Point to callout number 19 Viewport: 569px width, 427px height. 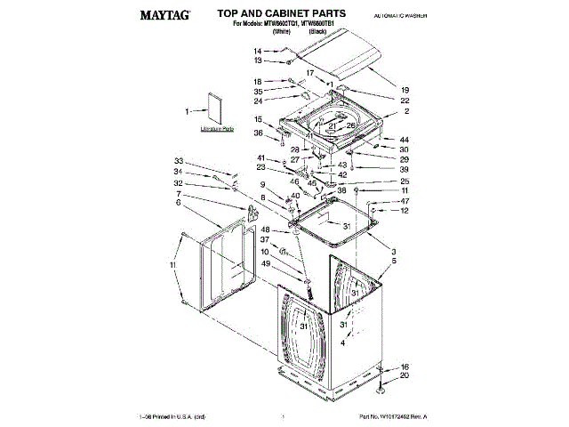click(x=405, y=91)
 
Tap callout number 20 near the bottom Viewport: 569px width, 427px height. click(x=405, y=375)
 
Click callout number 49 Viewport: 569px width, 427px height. click(x=265, y=263)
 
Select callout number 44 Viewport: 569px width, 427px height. click(x=405, y=140)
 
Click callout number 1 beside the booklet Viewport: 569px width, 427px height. click(x=188, y=112)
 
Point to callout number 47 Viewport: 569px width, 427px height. click(x=405, y=201)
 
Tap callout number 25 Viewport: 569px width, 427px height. click(x=405, y=181)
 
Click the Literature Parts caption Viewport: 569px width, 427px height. click(x=216, y=130)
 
